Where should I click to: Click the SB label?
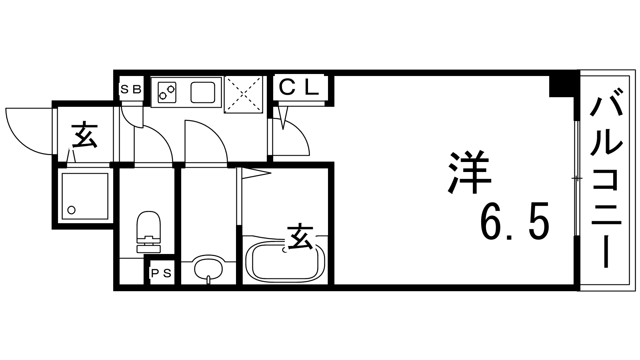[x=131, y=89]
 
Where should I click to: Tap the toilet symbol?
[x=148, y=232]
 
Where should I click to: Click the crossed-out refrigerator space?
[x=243, y=94]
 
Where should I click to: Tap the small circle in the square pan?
[x=72, y=210]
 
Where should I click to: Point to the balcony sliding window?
[x=576, y=178]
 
